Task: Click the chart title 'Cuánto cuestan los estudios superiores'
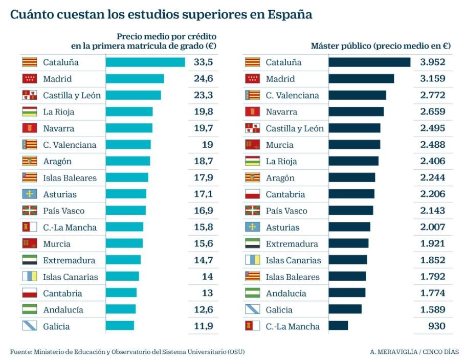pos(161,14)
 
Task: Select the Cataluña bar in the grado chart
pos(145,62)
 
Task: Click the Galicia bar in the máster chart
pos(345,310)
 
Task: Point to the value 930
pos(436,326)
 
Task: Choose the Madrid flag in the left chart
pos(29,79)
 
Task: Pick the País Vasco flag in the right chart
pos(253,211)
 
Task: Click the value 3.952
pos(433,62)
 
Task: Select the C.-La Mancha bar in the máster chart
pos(338,326)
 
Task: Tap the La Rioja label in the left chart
pos(59,112)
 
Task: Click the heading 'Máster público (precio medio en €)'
pos(381,46)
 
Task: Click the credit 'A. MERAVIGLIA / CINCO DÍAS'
pos(414,352)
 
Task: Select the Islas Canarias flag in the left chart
pos(29,277)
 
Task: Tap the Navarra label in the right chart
pos(281,112)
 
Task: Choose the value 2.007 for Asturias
pos(433,227)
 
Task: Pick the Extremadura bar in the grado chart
pos(123,260)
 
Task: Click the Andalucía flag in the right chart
pos(253,293)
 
